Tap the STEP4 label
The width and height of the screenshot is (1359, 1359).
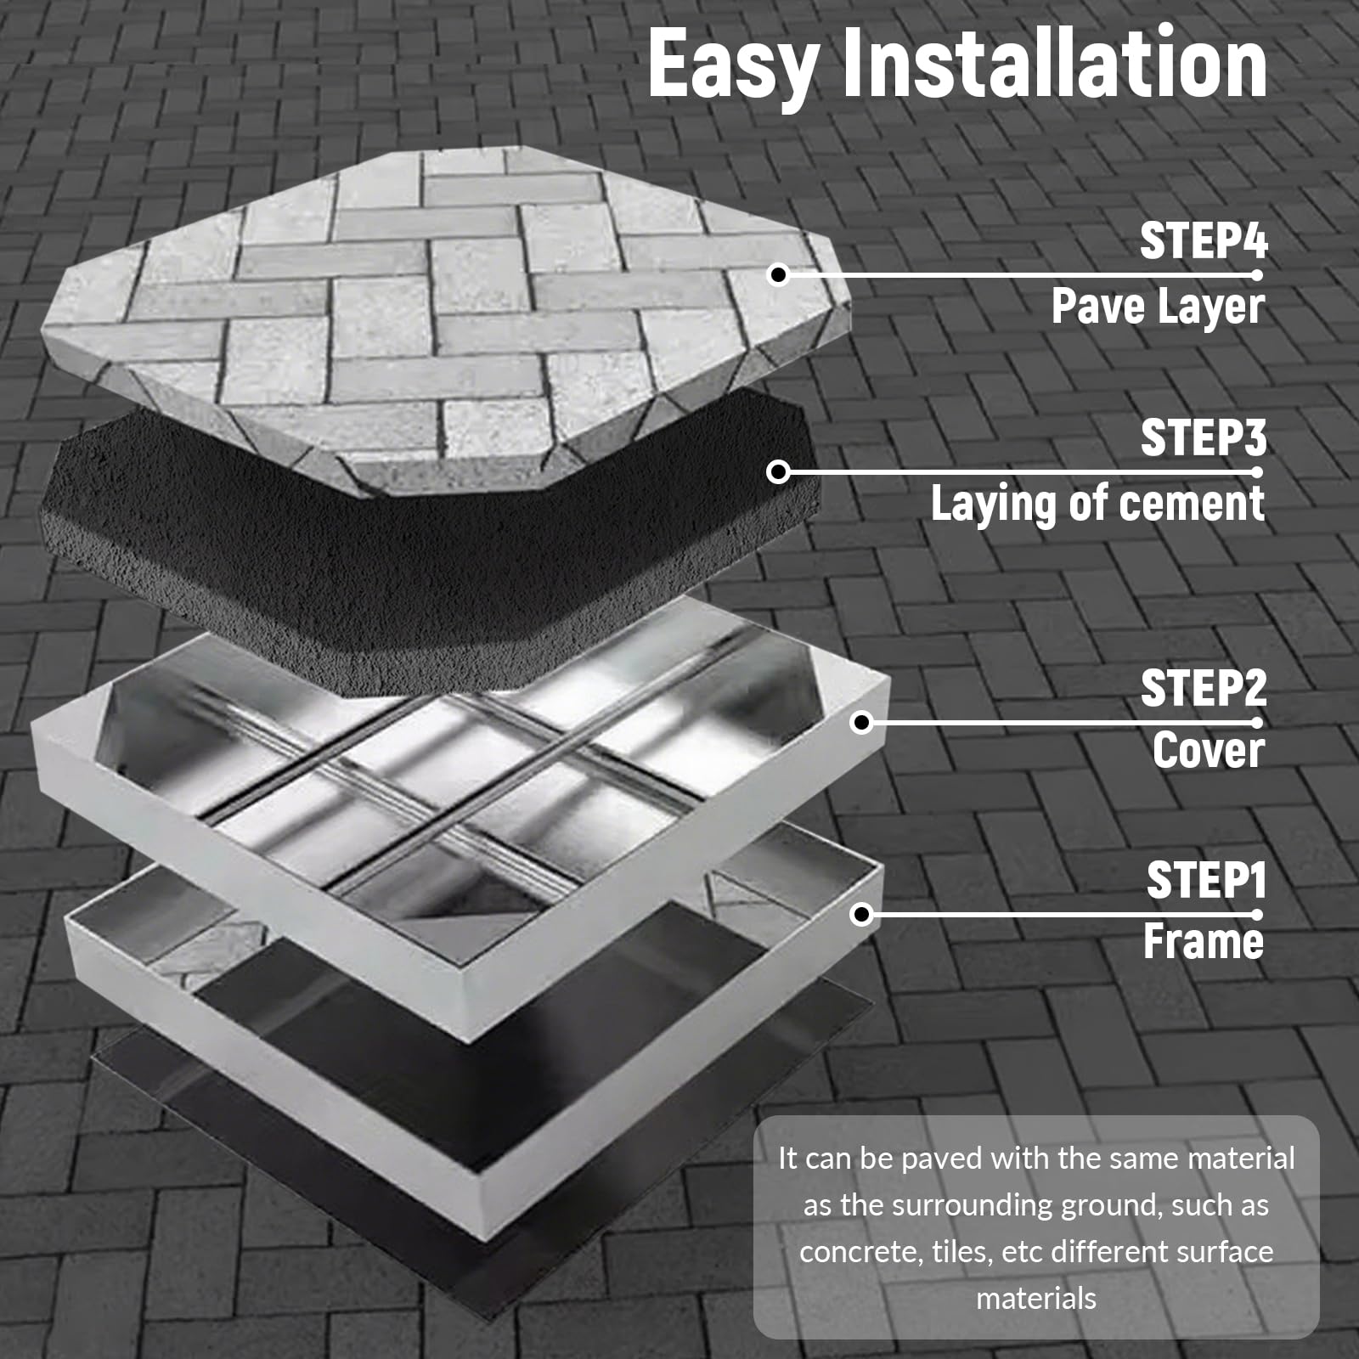point(1204,241)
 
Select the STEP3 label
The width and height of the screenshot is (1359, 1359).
point(1204,437)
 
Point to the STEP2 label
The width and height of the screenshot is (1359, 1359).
point(1204,688)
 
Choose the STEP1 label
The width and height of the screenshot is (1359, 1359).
point(1206,880)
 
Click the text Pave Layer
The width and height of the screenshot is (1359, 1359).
point(1159,307)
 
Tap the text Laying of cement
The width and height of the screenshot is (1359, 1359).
point(1098,504)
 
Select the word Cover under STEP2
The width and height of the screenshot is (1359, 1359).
point(1209,750)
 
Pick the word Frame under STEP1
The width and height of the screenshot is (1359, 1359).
point(1204,941)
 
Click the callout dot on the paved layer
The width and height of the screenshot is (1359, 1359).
point(778,274)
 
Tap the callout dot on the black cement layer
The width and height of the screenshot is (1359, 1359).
point(778,471)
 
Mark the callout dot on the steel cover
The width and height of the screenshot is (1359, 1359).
point(862,723)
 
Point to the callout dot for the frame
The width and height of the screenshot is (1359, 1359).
point(862,915)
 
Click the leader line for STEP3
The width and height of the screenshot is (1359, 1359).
point(1018,471)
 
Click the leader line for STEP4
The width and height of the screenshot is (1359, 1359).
point(1018,274)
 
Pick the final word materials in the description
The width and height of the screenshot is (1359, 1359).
point(1036,1298)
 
